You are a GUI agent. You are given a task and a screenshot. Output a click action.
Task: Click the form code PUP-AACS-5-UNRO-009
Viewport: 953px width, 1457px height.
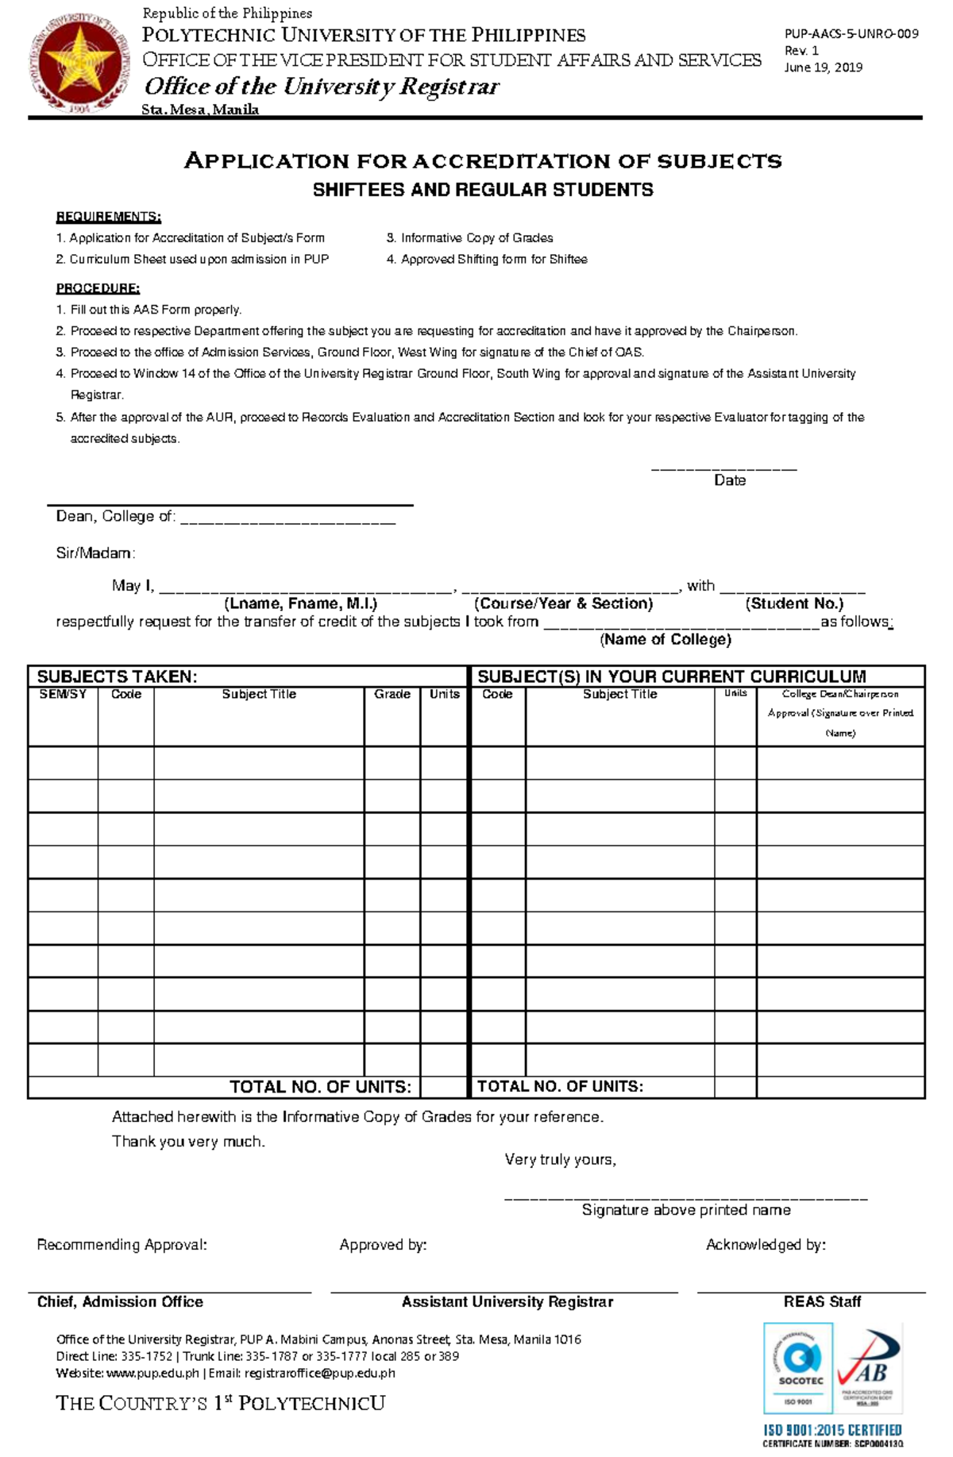[851, 33]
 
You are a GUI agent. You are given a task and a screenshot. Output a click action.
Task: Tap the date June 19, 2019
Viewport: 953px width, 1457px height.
[823, 67]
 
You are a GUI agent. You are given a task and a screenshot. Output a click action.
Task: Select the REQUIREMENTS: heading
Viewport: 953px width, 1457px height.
[108, 217]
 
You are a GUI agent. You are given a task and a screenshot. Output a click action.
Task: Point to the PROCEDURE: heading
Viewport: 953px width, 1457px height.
[98, 288]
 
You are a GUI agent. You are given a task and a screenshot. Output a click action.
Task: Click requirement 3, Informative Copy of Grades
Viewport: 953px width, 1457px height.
[469, 237]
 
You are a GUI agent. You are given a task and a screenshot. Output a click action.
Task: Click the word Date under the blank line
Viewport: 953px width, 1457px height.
[729, 480]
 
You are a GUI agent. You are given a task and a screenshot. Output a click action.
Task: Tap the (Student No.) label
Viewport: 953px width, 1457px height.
[793, 603]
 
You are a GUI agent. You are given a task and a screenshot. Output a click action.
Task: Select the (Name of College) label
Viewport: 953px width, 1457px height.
[665, 640]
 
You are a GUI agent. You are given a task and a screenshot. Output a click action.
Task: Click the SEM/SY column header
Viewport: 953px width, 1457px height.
[63, 694]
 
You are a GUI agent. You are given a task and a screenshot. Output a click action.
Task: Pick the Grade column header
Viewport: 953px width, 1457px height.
[392, 694]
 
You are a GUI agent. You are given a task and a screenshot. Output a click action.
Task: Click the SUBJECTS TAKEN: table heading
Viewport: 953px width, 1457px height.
[117, 676]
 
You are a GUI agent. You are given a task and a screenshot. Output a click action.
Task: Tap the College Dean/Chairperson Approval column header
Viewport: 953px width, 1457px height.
[840, 712]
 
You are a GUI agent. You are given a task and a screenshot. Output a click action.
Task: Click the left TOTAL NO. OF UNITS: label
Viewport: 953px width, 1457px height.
[320, 1086]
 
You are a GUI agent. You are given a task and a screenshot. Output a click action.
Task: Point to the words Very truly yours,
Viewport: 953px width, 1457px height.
[560, 1159]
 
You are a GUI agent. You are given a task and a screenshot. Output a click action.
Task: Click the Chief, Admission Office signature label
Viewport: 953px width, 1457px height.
[120, 1301]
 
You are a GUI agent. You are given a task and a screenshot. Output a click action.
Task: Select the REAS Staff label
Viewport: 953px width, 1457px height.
[822, 1301]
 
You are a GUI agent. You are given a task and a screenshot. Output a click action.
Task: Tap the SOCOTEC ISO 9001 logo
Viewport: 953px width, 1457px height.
[797, 1367]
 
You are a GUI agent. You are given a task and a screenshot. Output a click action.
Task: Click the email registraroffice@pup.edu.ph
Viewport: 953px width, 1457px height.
[319, 1373]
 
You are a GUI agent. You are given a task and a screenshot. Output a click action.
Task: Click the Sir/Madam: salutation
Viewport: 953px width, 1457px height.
[95, 553]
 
